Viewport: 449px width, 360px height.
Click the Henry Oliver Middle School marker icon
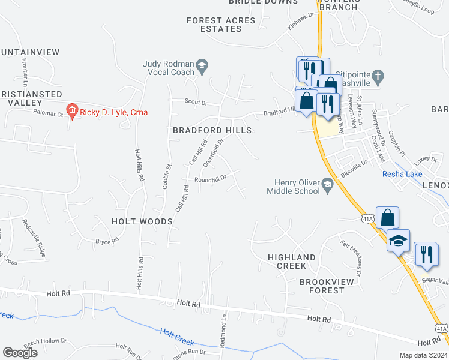pos(327,183)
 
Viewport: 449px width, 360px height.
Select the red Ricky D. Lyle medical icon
pos(72,110)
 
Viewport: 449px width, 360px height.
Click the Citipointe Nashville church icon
pos(377,76)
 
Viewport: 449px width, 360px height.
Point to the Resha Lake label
pos(402,175)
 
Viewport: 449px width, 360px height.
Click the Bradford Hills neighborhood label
pos(212,130)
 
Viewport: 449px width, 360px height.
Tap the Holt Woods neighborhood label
pos(142,221)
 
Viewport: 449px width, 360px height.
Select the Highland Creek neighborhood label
pos(292,262)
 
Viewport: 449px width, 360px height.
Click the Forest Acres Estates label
pos(221,25)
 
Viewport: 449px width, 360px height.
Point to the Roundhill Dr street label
pos(209,178)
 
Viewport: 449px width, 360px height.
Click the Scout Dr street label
pos(196,103)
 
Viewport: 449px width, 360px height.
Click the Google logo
pos(20,353)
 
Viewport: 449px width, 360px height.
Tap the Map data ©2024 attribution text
pos(423,355)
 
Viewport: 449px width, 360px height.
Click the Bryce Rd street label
pos(107,241)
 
